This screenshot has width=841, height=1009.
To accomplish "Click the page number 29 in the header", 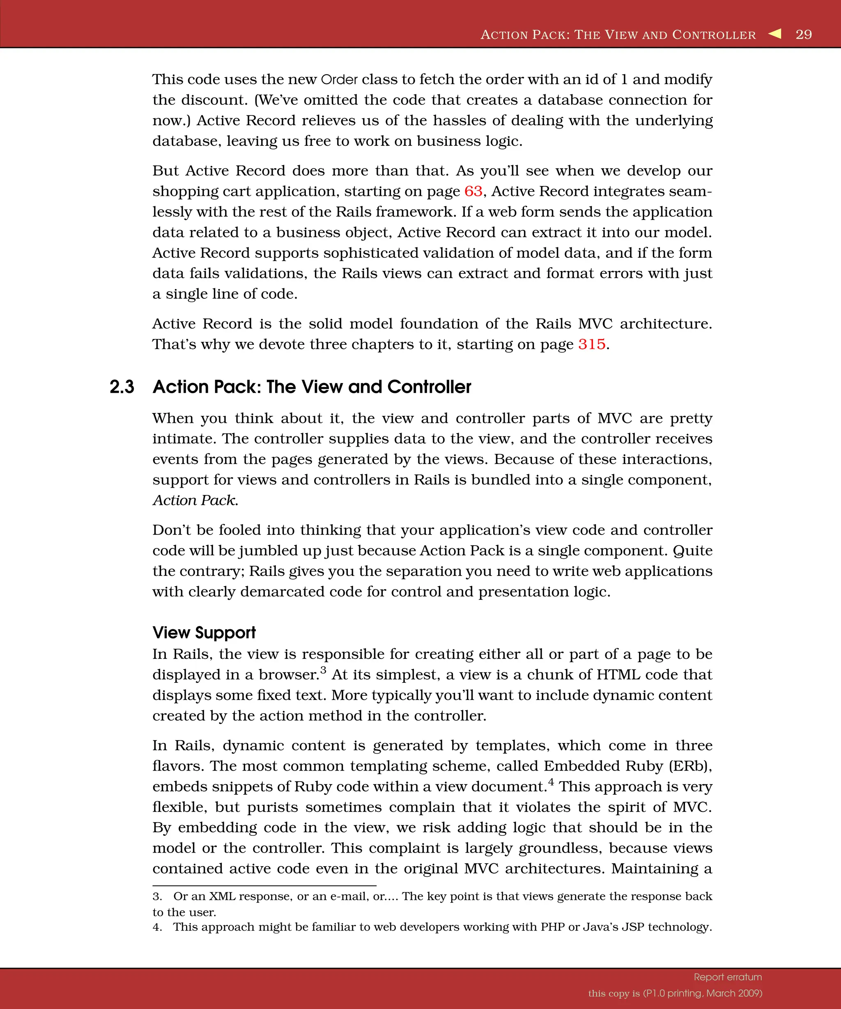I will tap(804, 34).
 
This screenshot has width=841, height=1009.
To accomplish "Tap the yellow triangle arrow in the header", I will tap(775, 34).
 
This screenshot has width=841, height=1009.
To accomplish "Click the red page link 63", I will tap(473, 191).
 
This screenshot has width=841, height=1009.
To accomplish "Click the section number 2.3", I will tap(122, 387).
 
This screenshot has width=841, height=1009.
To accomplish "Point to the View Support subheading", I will tap(204, 632).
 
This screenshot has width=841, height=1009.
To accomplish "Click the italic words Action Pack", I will tap(195, 500).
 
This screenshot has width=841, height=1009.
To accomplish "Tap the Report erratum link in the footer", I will tap(728, 977).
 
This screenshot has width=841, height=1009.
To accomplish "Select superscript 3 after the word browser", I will tap(324, 670).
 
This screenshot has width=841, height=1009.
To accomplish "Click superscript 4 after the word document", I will tap(551, 782).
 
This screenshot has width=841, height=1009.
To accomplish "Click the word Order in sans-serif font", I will tap(339, 79).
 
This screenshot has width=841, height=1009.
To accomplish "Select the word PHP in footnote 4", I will tap(552, 927).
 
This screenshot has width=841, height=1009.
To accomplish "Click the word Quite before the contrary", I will tap(692, 550).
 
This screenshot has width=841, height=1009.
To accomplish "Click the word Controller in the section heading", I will tap(429, 387).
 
